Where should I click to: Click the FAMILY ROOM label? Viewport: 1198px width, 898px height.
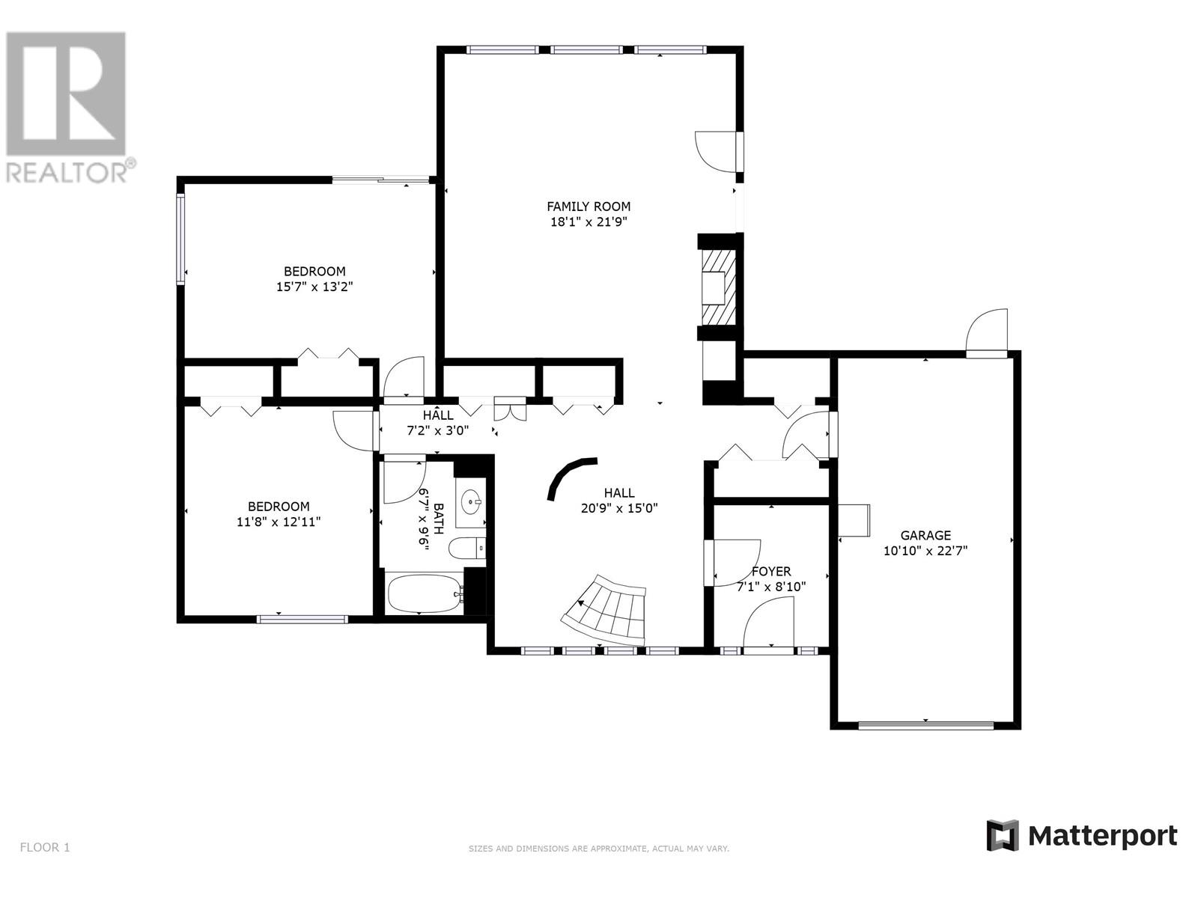click(x=589, y=207)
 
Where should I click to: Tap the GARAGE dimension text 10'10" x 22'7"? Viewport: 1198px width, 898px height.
click(x=925, y=551)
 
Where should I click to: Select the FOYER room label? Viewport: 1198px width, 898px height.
click(x=771, y=572)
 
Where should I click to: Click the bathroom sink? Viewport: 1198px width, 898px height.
click(x=472, y=500)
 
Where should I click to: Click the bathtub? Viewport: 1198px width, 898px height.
click(x=424, y=593)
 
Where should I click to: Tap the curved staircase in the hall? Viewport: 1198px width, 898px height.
click(x=606, y=610)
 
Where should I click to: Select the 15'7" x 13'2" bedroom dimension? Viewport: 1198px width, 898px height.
click(x=314, y=286)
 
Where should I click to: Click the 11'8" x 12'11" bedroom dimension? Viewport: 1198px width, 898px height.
click(x=279, y=522)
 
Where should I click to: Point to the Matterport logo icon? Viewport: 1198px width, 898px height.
click(x=1003, y=835)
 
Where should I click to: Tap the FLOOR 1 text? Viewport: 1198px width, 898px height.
click(x=45, y=848)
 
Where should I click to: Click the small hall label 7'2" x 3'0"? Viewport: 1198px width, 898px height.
click(x=437, y=430)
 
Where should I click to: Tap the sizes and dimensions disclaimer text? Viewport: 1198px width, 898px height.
click(x=598, y=849)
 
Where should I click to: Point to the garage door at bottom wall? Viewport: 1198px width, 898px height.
click(x=925, y=724)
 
